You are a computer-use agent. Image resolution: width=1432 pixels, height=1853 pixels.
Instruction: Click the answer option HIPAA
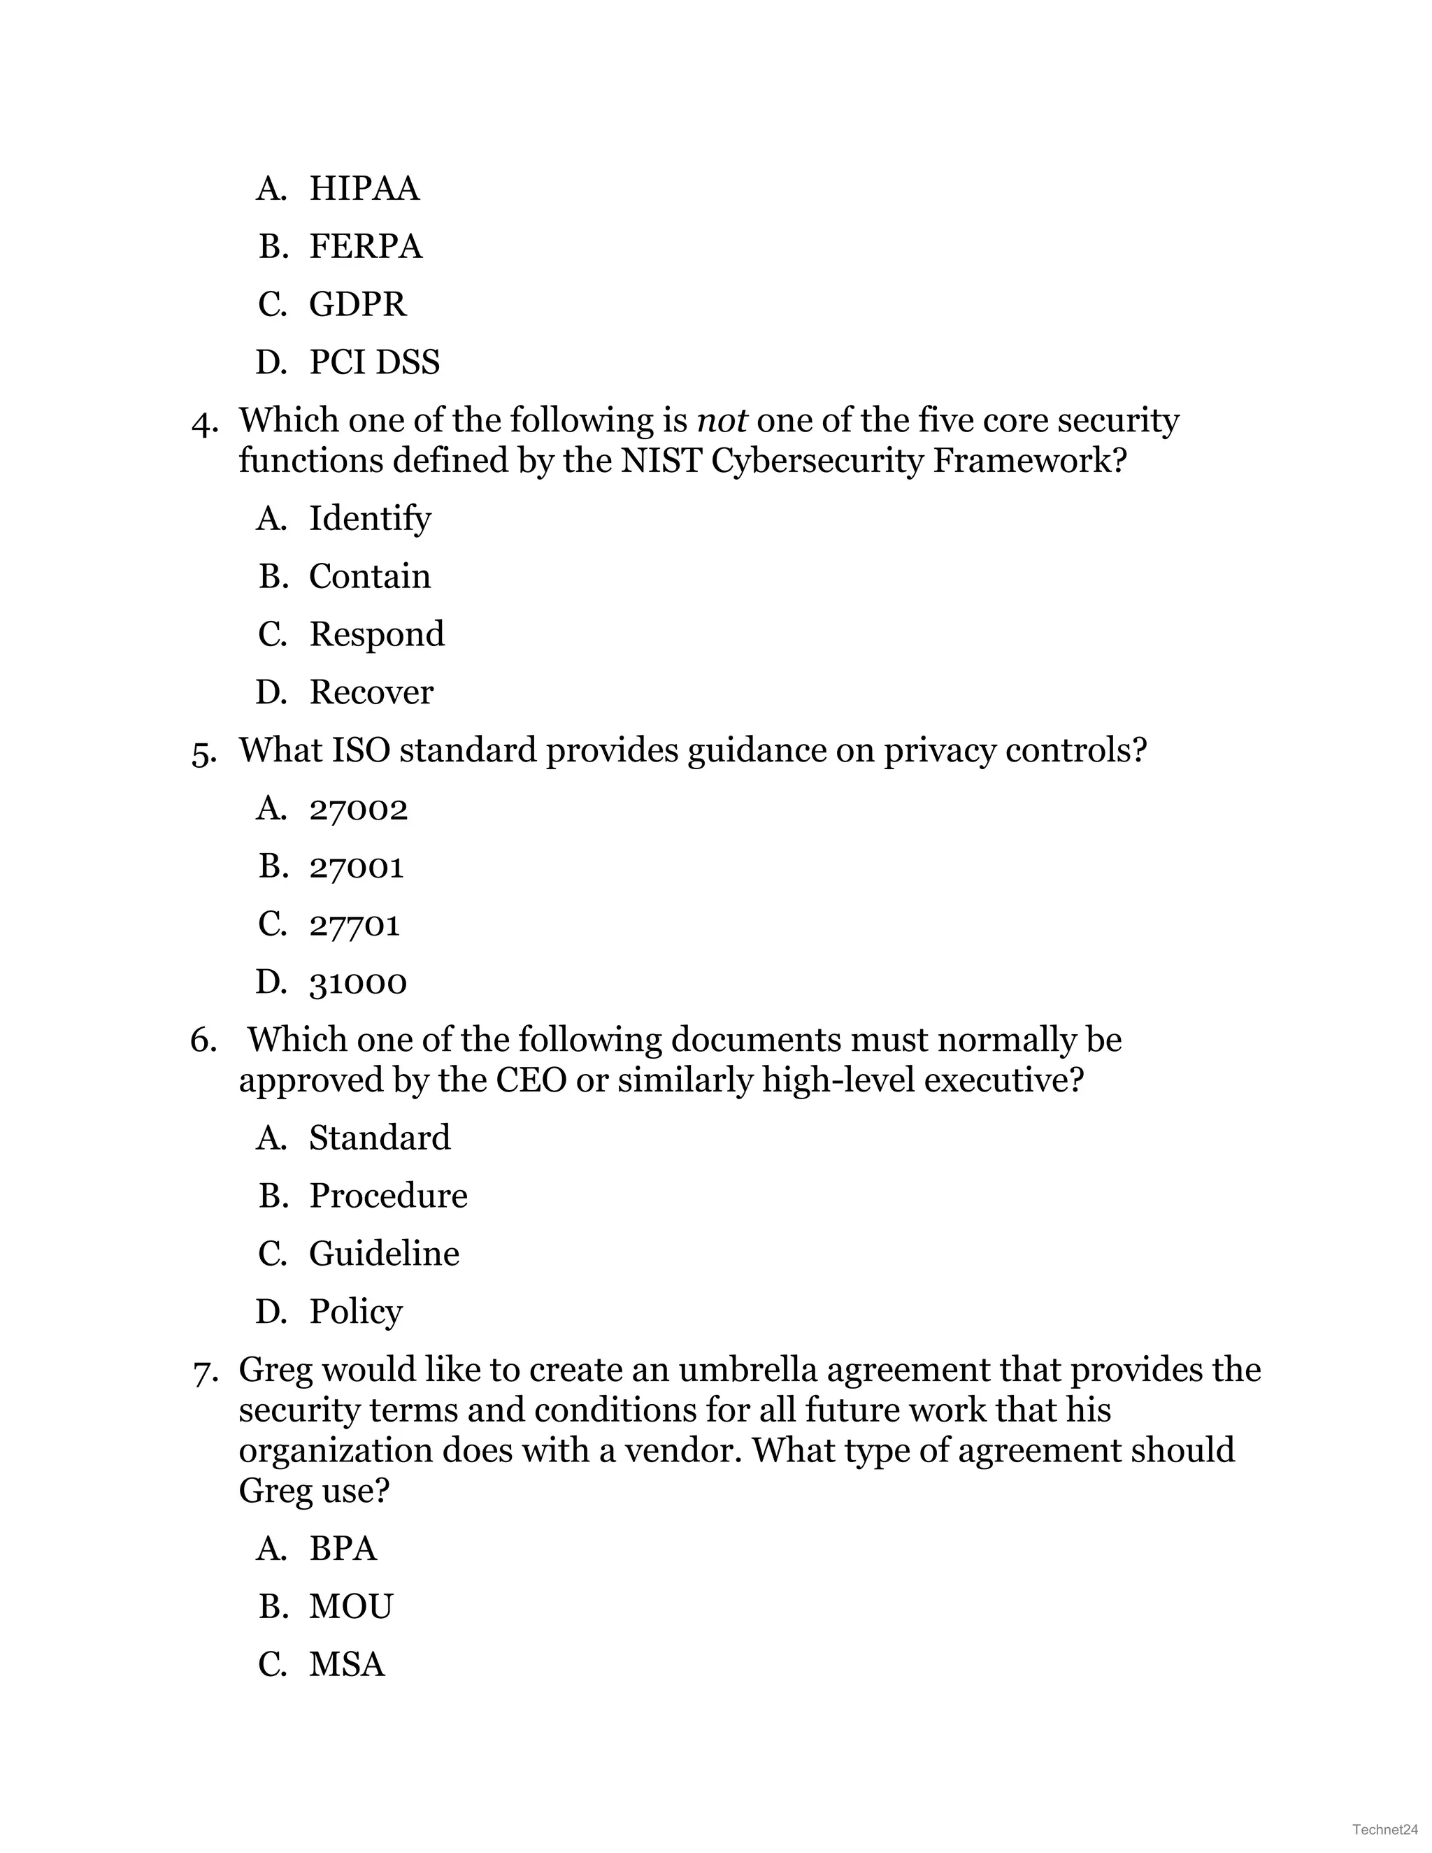point(364,188)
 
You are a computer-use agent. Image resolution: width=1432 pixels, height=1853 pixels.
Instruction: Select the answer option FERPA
point(365,247)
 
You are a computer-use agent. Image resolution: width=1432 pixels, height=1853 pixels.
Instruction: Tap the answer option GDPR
point(357,305)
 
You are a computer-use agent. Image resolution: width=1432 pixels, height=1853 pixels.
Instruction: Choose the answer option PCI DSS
point(374,362)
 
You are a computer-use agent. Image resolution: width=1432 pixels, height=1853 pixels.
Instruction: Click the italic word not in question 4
point(721,421)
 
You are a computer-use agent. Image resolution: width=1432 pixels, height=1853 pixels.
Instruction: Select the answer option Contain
point(369,577)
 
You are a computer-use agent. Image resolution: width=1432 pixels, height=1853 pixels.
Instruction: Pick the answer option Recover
point(371,692)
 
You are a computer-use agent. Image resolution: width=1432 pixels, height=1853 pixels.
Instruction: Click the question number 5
point(203,752)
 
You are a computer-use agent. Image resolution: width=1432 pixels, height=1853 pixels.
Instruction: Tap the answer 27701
point(354,925)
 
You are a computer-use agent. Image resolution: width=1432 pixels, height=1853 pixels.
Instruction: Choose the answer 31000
point(358,983)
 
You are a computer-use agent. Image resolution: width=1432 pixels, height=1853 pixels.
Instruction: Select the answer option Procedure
point(387,1196)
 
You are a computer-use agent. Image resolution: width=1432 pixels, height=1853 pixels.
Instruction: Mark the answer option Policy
point(355,1312)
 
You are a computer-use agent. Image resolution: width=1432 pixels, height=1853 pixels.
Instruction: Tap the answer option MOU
point(350,1607)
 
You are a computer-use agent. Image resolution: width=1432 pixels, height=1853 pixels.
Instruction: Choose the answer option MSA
point(347,1665)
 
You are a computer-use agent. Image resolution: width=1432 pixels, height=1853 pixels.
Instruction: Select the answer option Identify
point(370,518)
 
